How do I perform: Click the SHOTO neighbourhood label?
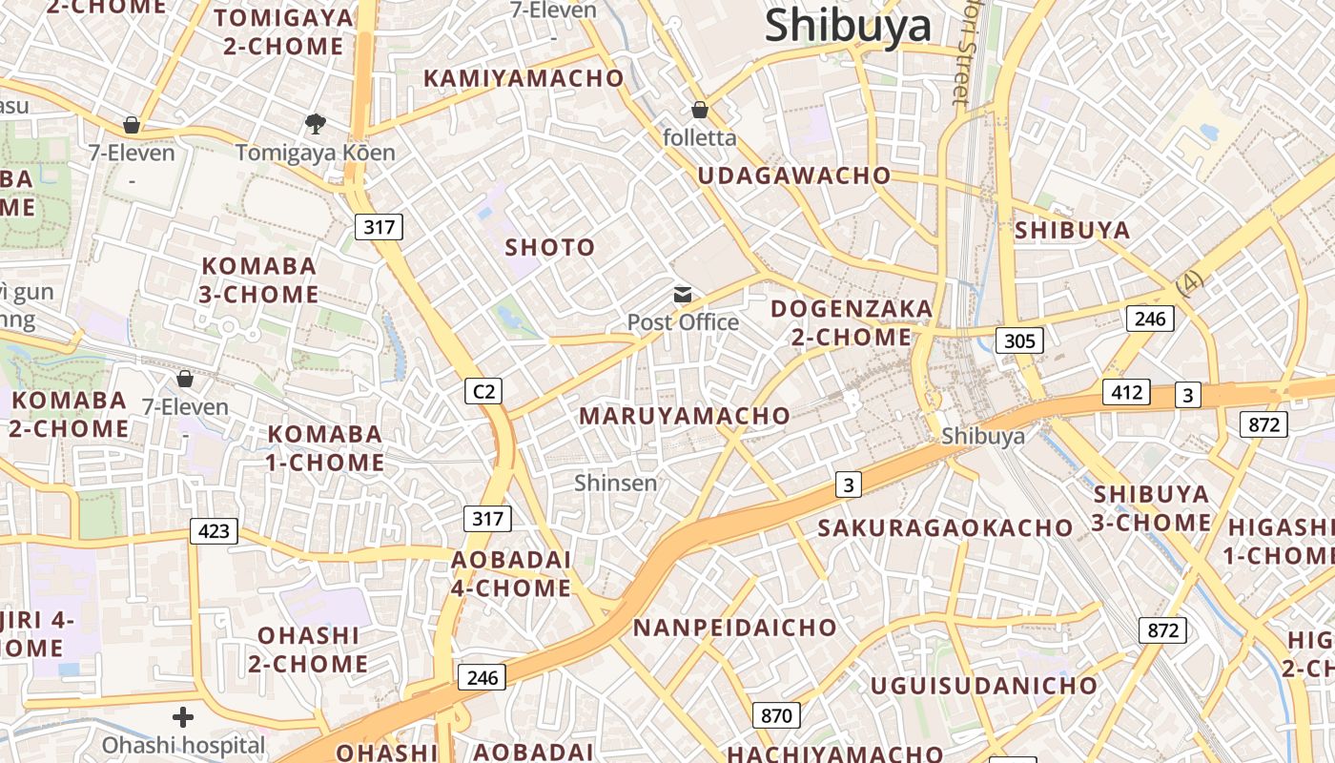point(550,248)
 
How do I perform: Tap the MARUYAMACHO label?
point(685,416)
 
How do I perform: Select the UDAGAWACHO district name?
point(794,175)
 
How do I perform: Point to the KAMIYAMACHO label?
point(524,78)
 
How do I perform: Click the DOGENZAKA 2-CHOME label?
point(852,322)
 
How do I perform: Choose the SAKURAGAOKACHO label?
point(945,527)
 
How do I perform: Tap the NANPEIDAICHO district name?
point(734,628)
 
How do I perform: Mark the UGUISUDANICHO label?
point(983,685)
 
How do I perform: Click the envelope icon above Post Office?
point(683,295)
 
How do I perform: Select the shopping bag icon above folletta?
point(700,110)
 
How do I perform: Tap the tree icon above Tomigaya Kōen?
point(315,124)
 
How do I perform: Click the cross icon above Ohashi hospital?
point(183,717)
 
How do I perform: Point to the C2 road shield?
point(484,390)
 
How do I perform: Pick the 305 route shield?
point(1019,340)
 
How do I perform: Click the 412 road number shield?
point(1126,392)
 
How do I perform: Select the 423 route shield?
point(214,530)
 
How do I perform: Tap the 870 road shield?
point(776,714)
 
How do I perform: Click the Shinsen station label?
point(615,483)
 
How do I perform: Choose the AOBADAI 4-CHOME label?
point(511,574)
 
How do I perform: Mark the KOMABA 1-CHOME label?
point(325,448)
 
